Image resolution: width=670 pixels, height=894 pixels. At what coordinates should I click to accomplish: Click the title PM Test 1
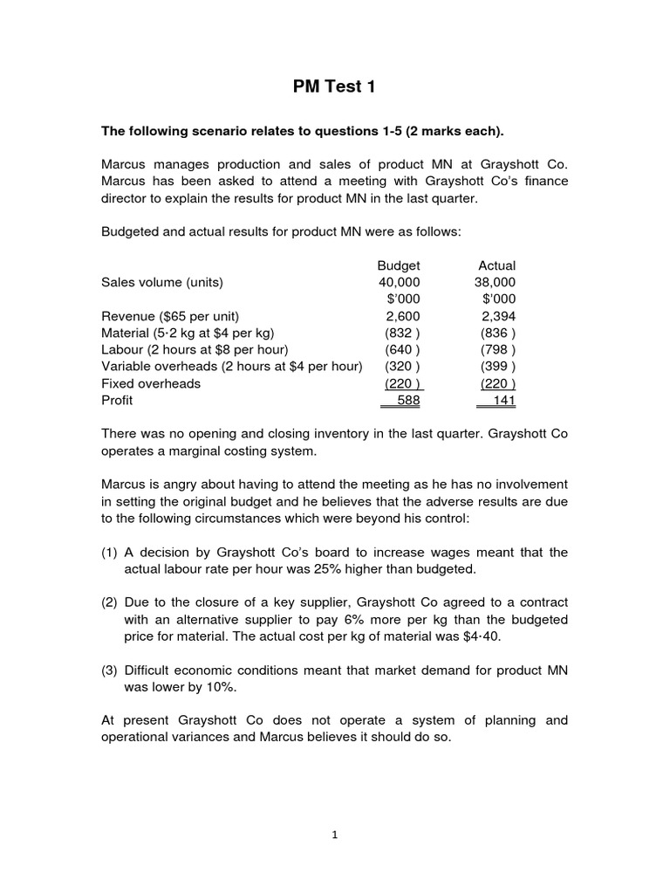point(334,86)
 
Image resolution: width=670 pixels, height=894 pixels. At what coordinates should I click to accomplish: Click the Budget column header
point(399,265)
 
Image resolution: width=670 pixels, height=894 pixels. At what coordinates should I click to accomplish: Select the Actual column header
point(497,265)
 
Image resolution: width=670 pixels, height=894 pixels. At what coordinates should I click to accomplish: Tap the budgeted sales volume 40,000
point(399,282)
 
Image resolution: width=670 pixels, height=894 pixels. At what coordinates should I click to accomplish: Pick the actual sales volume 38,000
point(495,282)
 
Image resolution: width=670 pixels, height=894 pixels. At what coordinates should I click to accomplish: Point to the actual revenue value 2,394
point(498,316)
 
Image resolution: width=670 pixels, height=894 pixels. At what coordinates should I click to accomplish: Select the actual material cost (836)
point(498,333)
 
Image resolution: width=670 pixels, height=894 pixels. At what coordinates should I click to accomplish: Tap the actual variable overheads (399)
point(498,367)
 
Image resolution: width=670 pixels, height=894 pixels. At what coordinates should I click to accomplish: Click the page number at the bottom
point(334,835)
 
